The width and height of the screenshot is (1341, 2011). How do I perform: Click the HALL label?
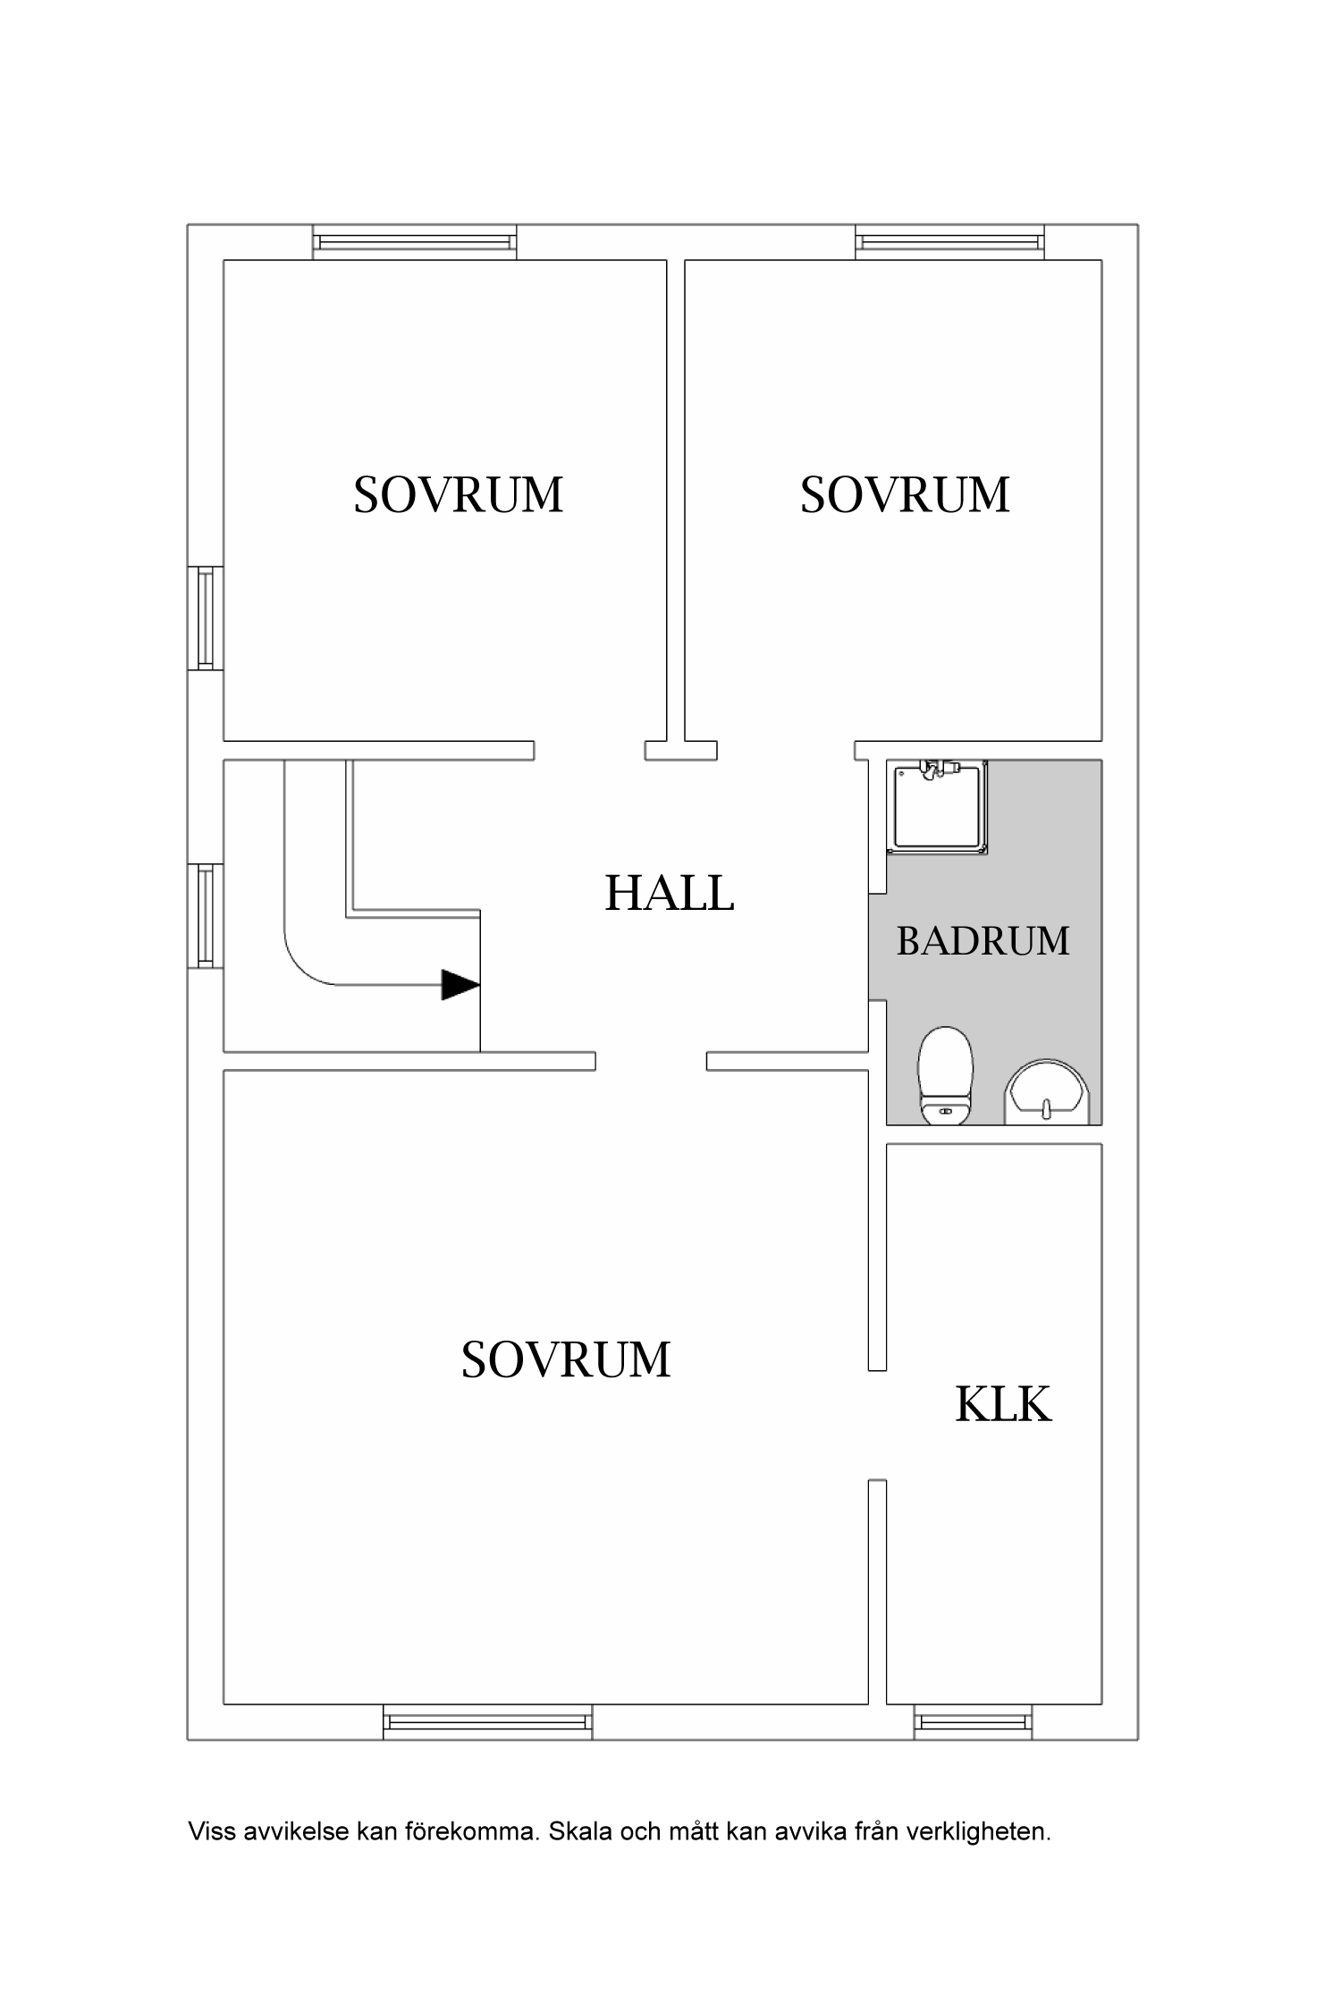click(x=669, y=893)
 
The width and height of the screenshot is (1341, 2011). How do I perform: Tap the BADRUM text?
click(x=983, y=941)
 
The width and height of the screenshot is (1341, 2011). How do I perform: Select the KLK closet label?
click(x=1002, y=1403)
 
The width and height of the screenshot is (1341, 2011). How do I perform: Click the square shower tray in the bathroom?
click(x=937, y=807)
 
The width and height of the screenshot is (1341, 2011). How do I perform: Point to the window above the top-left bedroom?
click(x=414, y=241)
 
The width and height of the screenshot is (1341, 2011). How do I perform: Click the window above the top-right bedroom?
click(x=949, y=241)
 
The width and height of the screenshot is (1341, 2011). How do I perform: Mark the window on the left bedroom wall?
click(x=206, y=618)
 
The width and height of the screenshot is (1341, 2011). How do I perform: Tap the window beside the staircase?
click(x=206, y=915)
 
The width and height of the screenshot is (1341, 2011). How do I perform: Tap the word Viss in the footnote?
click(x=207, y=1831)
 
